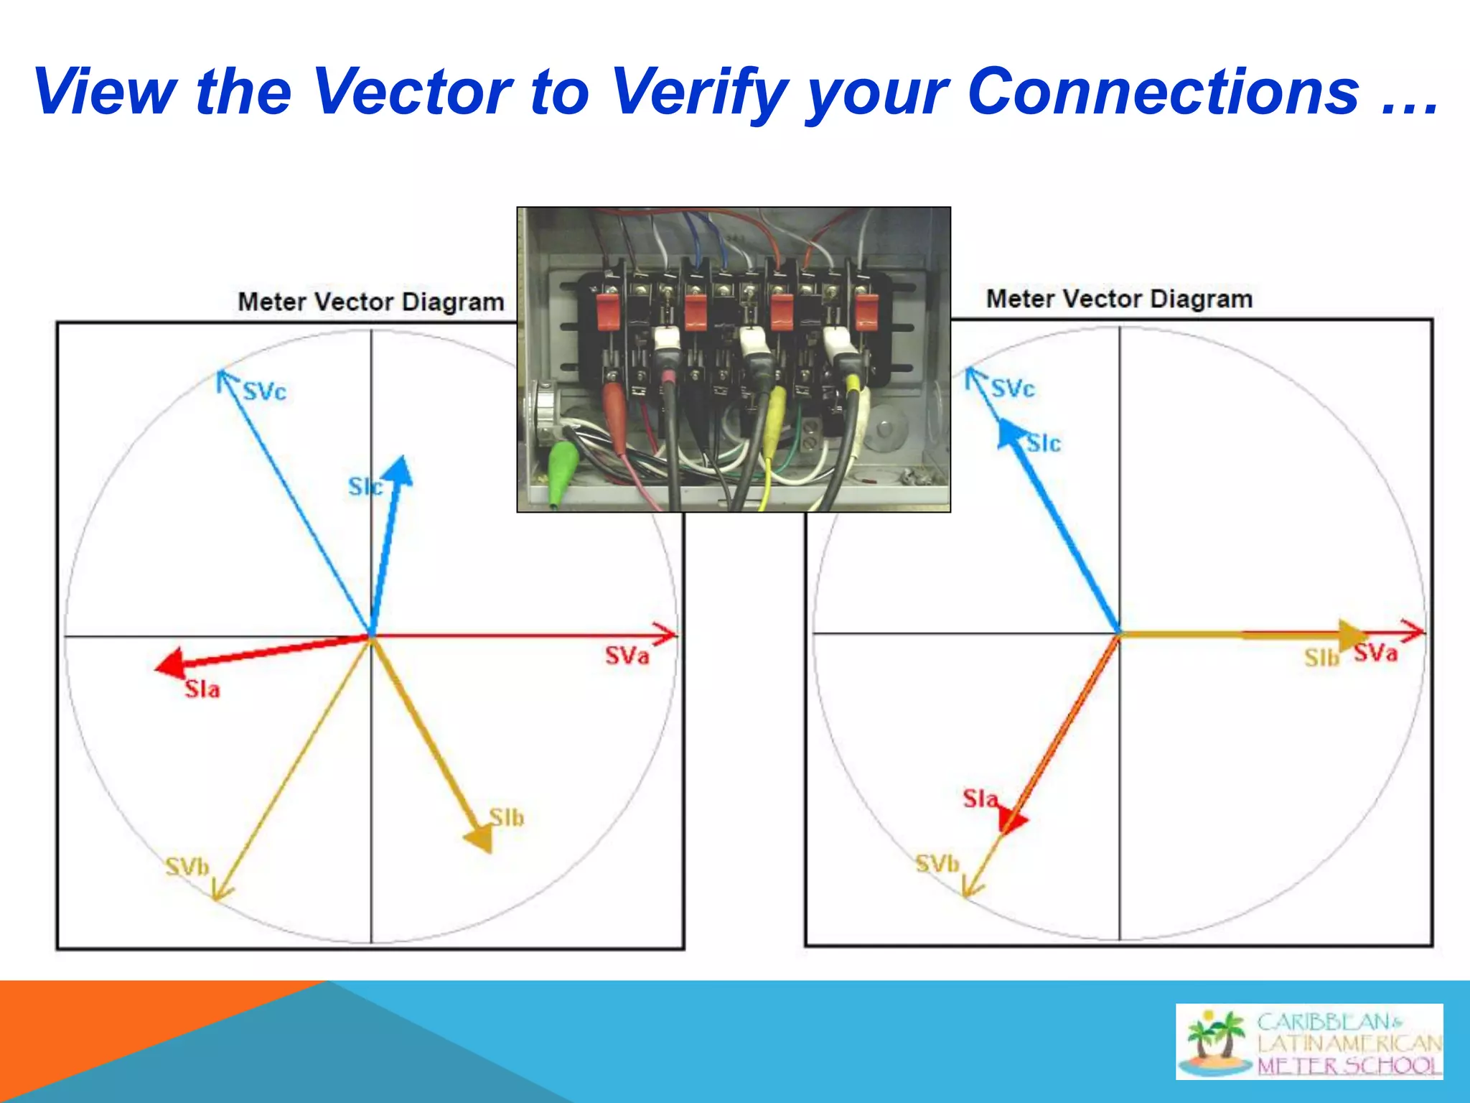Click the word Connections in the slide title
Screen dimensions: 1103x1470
(x=1163, y=91)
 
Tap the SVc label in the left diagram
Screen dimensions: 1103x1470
(x=264, y=391)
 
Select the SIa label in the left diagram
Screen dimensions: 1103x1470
(x=202, y=689)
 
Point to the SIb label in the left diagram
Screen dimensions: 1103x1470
(x=507, y=817)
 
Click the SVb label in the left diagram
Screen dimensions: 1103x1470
(x=187, y=867)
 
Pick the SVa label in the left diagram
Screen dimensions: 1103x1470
(x=627, y=656)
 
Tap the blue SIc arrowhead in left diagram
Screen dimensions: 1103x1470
(x=398, y=470)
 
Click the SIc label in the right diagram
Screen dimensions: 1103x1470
(x=1043, y=444)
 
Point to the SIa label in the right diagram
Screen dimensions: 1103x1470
(x=980, y=799)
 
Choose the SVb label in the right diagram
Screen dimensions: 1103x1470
(x=937, y=863)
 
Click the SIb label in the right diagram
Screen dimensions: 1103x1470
(x=1321, y=658)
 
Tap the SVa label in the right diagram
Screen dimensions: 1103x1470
(x=1375, y=653)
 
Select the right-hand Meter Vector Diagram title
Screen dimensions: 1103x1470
(x=1119, y=299)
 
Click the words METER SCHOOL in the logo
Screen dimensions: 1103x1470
(x=1348, y=1065)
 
